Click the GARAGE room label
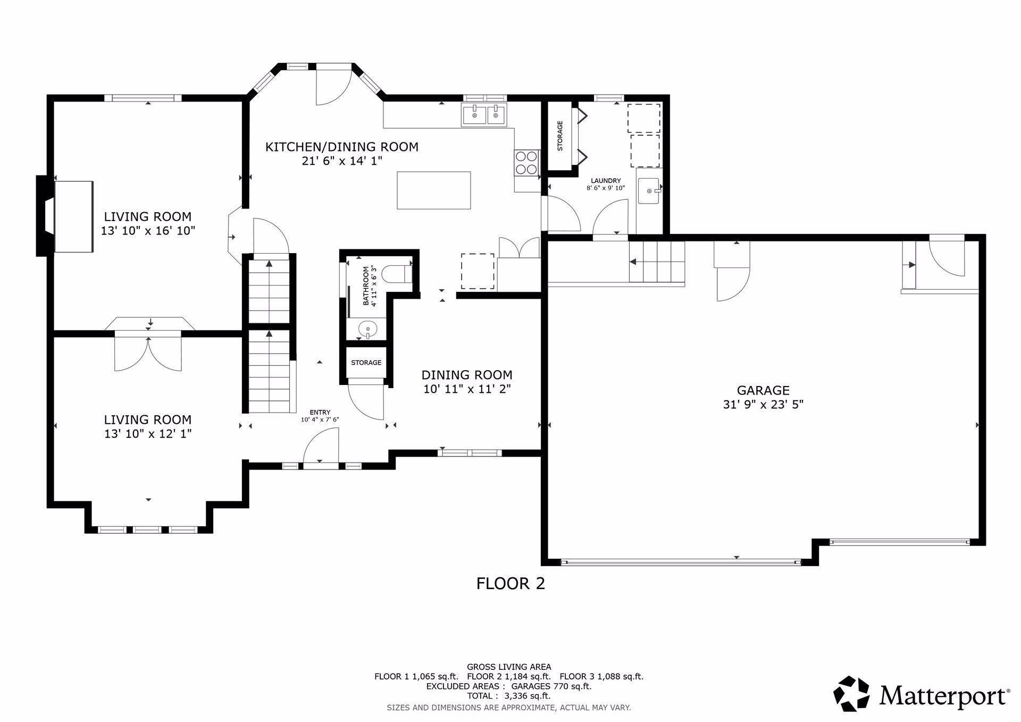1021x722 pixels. pyautogui.click(x=763, y=390)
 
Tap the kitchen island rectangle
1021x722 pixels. pyautogui.click(x=433, y=190)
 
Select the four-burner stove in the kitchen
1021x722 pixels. pyautogui.click(x=526, y=163)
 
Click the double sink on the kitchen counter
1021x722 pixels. pyautogui.click(x=484, y=115)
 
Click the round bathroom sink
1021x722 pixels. pyautogui.click(x=367, y=330)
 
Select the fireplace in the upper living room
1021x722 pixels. pyautogui.click(x=73, y=216)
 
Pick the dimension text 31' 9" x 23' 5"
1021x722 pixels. pyautogui.click(x=763, y=405)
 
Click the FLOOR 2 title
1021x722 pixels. pyautogui.click(x=510, y=584)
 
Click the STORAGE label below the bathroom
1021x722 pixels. pyautogui.click(x=366, y=363)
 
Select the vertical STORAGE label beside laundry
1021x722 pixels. pyautogui.click(x=559, y=136)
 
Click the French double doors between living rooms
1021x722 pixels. pyautogui.click(x=148, y=351)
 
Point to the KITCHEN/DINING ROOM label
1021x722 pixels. pyautogui.click(x=341, y=147)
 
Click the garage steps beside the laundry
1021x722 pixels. pyautogui.click(x=657, y=262)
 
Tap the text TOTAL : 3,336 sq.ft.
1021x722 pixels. pyautogui.click(x=508, y=695)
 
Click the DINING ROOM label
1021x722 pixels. pyautogui.click(x=467, y=375)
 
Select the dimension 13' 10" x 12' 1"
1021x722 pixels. pyautogui.click(x=148, y=434)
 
